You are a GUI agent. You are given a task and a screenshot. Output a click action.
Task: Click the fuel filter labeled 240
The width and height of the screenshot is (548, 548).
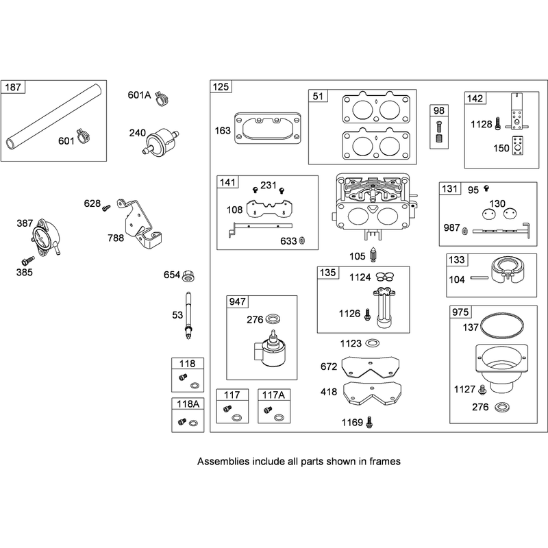160,141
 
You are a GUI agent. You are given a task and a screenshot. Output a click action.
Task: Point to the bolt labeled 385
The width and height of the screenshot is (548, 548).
28,260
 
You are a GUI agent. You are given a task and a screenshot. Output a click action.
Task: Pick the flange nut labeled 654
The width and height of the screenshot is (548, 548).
188,276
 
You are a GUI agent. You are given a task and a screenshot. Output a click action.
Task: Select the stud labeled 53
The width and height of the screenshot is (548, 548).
188,315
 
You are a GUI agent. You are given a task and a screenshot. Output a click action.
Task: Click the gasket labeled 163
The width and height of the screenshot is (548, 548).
267,128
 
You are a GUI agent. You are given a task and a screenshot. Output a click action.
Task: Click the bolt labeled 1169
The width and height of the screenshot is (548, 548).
369,423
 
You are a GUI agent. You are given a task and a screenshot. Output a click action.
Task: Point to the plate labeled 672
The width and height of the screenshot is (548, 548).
371,368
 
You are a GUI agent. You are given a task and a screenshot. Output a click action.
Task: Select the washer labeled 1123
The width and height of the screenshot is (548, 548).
373,343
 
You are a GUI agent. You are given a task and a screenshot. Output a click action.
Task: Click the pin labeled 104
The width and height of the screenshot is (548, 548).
480,278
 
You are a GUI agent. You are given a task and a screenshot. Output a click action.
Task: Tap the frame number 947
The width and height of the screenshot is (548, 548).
237,301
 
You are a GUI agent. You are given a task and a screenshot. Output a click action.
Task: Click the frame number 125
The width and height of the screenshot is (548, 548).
221,87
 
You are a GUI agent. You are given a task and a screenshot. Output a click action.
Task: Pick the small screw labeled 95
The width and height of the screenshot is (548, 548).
486,188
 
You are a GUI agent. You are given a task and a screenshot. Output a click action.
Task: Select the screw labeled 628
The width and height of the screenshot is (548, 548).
106,208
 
